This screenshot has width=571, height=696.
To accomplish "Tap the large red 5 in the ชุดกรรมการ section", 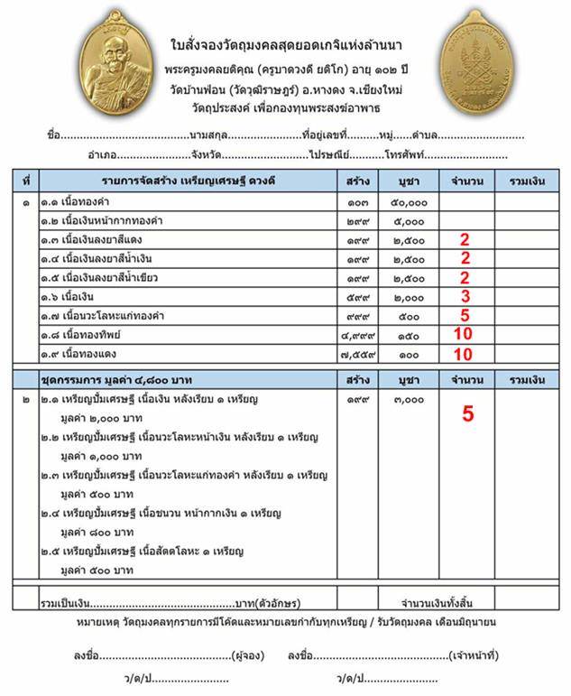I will [x=467, y=414].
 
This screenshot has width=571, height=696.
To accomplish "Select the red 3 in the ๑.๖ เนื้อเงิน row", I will [x=465, y=296].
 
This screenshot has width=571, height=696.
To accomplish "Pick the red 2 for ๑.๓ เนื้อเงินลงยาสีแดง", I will [x=465, y=239].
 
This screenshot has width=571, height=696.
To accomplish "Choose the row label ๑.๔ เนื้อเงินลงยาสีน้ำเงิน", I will [x=101, y=259].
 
